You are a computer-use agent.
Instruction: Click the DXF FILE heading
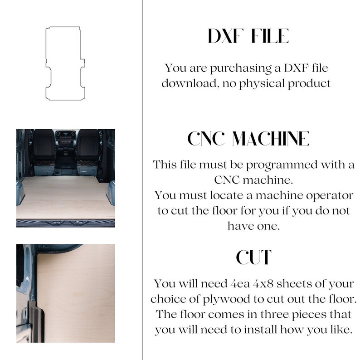(248, 37)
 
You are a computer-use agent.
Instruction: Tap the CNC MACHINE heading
(248, 139)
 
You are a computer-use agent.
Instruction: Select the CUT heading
(253, 258)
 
